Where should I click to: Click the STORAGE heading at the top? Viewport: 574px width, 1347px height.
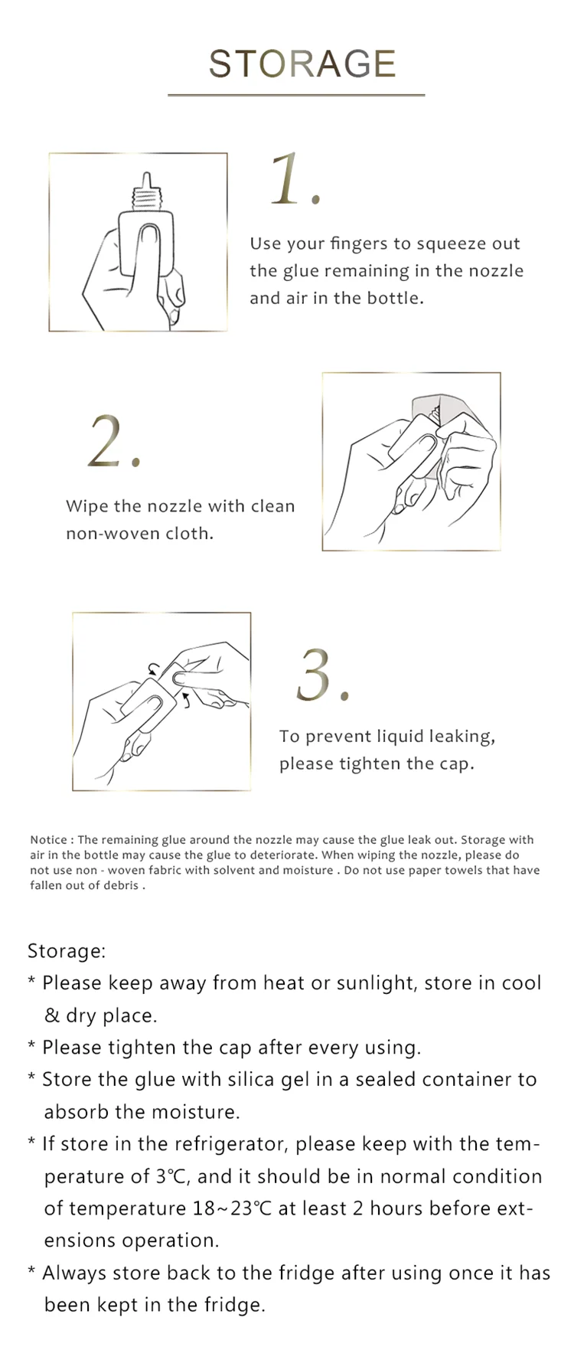coord(302,64)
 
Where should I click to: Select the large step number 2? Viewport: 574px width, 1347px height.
coord(113,442)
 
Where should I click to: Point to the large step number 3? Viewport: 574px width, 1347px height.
coord(322,675)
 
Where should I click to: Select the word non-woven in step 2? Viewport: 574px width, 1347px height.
coord(101,534)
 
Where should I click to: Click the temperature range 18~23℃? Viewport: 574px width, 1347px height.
coord(233,1208)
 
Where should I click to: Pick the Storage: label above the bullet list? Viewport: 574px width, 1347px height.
coord(67,951)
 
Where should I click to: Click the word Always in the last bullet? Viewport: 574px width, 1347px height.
coord(74,1273)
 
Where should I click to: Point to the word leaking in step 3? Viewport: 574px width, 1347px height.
coord(461,737)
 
